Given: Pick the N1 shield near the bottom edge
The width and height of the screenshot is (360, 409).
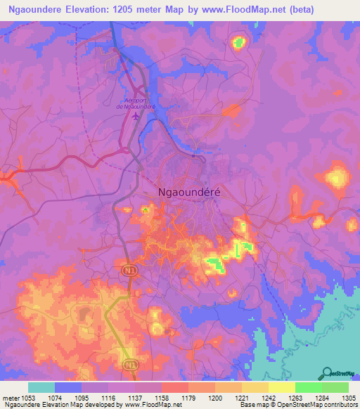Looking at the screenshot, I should click(x=129, y=364).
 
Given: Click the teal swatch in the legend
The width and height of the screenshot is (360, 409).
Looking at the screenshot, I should click(x=41, y=387).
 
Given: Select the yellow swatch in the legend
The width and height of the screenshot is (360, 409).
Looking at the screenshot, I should click(x=281, y=387).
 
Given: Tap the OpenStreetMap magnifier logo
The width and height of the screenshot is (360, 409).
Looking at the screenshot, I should click(x=328, y=373).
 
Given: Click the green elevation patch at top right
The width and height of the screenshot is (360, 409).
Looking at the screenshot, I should click(x=239, y=43).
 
